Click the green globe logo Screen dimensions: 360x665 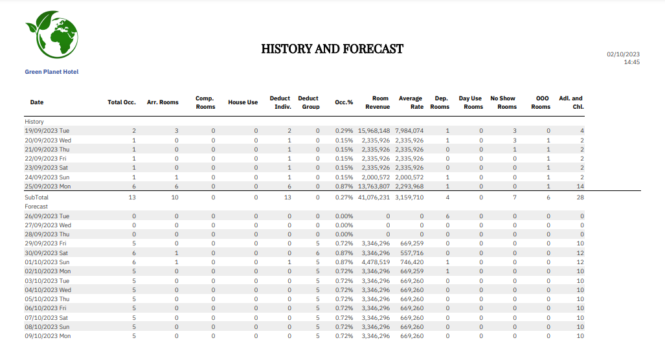tap(51, 36)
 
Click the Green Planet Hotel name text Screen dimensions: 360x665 tap(52, 72)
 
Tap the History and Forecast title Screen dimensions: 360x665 tap(332, 49)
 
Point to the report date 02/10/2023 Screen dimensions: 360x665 tap(623, 54)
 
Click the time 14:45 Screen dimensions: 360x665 tap(631, 62)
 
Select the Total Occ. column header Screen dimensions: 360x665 tap(121, 102)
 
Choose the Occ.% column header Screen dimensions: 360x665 tap(344, 102)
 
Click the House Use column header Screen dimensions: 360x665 tap(243, 102)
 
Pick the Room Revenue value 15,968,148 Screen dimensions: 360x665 tap(374, 131)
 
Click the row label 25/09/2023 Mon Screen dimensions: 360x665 tap(48, 186)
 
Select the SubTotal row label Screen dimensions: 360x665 tap(37, 197)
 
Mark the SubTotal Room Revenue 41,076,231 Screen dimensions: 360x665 tap(374, 197)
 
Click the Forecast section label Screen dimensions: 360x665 tap(37, 206)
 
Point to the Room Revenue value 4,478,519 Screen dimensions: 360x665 tap(376, 262)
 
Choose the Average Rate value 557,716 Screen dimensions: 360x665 tap(412, 253)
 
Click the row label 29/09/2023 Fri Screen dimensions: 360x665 tap(47, 243)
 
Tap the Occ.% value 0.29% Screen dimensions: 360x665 tap(344, 131)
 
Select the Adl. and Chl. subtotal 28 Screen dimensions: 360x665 tap(580, 197)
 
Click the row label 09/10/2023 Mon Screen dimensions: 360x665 tap(48, 336)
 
